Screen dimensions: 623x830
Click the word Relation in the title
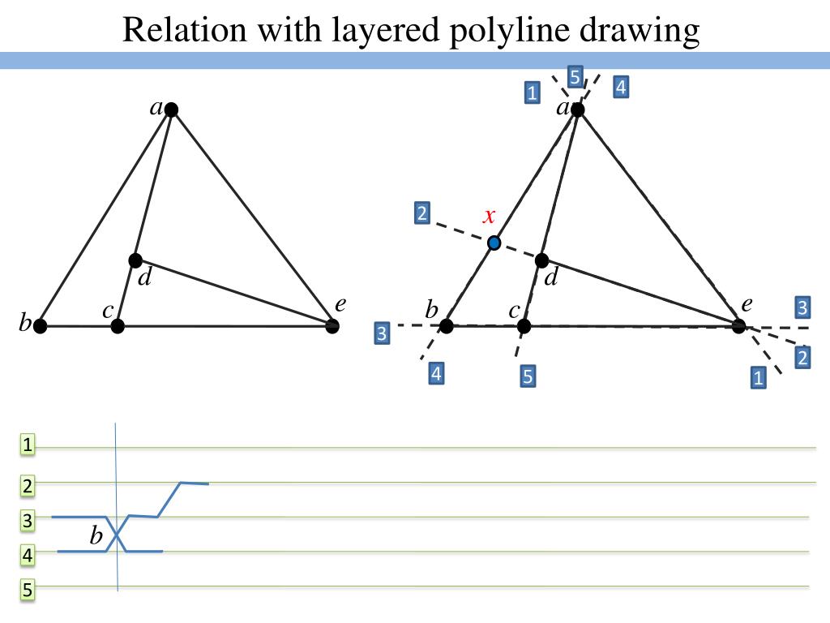(184, 30)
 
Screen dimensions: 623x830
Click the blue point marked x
(494, 243)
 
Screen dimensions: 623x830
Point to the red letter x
(489, 216)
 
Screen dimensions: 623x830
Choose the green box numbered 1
(28, 444)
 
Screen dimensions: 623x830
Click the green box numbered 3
(28, 521)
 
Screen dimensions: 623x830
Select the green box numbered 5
(28, 590)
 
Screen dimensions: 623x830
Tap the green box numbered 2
(28, 486)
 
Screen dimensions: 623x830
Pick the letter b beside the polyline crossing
(96, 536)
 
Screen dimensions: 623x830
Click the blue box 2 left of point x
(421, 213)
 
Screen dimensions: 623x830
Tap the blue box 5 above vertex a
(575, 77)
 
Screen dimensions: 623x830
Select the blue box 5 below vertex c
(528, 376)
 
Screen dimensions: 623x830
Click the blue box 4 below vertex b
(436, 374)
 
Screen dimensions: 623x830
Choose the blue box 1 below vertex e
(758, 377)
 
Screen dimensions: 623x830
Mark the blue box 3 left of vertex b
(383, 332)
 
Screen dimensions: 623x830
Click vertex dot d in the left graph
(135, 260)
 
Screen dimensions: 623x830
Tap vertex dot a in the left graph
(171, 110)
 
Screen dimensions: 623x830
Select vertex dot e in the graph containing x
(738, 326)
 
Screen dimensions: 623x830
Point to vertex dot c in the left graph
(118, 326)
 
